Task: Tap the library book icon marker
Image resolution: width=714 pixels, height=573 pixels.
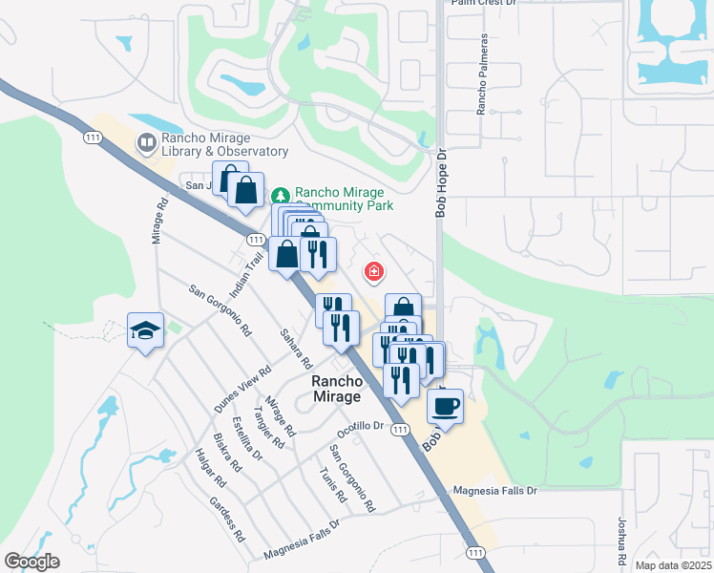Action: click(x=146, y=144)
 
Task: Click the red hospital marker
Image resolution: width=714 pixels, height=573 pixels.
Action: click(x=373, y=273)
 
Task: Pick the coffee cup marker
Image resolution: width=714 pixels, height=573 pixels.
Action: click(x=445, y=406)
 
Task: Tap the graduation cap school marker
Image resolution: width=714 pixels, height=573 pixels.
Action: click(x=145, y=330)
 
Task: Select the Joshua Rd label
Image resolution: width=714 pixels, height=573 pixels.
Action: click(x=620, y=541)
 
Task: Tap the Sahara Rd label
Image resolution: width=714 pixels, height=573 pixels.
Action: click(x=296, y=349)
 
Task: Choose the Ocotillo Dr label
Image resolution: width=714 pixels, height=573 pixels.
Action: click(x=360, y=427)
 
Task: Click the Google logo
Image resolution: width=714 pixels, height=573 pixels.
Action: click(x=31, y=562)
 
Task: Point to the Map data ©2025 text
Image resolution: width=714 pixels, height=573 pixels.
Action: click(x=672, y=565)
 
